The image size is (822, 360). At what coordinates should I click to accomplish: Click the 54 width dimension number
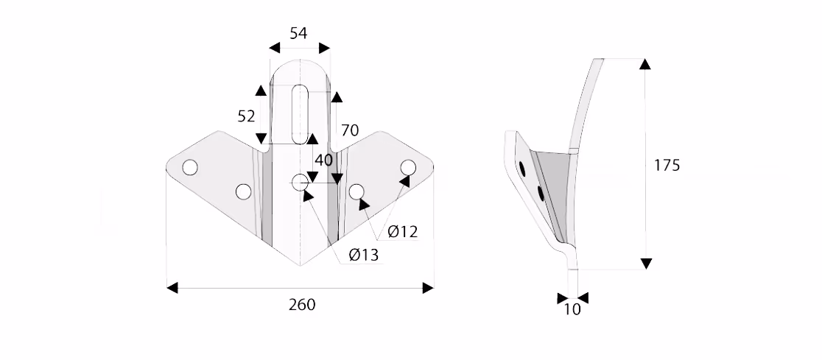298,33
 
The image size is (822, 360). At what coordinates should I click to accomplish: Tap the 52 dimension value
246,116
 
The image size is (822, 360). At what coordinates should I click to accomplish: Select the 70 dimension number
350,130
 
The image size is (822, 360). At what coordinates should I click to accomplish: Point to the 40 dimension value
323,160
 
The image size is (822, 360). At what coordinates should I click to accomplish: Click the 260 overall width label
302,305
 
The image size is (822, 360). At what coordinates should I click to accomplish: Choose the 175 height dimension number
667,165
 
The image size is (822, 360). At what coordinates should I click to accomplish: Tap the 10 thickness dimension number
572,310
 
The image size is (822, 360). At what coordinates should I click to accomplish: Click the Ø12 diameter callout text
403,231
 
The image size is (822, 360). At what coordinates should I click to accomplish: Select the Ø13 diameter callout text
363,255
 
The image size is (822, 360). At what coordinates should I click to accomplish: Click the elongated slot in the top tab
300,113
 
